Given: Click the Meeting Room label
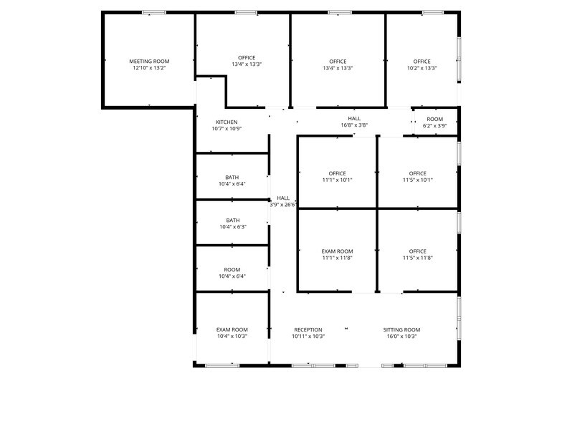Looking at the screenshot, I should (x=149, y=62).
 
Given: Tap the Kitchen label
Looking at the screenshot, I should (x=227, y=122).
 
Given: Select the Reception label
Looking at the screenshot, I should (x=308, y=329).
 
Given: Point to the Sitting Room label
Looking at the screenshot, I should (x=401, y=329).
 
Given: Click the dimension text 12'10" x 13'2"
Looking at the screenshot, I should (x=149, y=69).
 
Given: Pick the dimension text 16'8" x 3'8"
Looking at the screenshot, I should (x=354, y=125).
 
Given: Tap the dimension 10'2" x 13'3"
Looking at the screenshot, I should (x=421, y=69).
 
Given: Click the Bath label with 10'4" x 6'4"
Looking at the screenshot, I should (x=232, y=177).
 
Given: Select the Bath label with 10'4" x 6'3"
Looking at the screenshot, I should (x=232, y=220).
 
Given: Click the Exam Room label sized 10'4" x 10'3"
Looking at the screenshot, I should (x=232, y=329).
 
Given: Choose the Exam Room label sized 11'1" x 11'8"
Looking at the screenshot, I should (x=337, y=251).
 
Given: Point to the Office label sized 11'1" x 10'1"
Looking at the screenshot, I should (x=337, y=173).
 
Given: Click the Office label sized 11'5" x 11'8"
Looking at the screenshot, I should (x=417, y=251).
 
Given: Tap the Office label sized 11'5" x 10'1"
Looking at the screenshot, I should (x=417, y=173).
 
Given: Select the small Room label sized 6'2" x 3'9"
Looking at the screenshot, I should (x=434, y=119).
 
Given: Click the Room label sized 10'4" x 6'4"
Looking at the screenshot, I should (x=232, y=269).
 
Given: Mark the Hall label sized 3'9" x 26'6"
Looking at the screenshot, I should (x=283, y=198).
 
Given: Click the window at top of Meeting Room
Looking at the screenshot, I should (x=153, y=12).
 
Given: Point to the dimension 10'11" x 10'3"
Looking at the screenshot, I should (x=308, y=337).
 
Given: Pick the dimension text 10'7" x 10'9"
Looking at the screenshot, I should (x=227, y=129).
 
